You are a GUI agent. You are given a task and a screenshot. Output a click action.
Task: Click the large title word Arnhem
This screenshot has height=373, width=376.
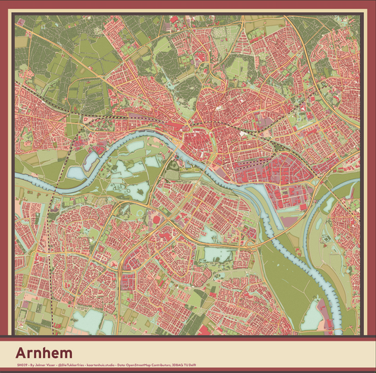(x=47, y=352)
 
